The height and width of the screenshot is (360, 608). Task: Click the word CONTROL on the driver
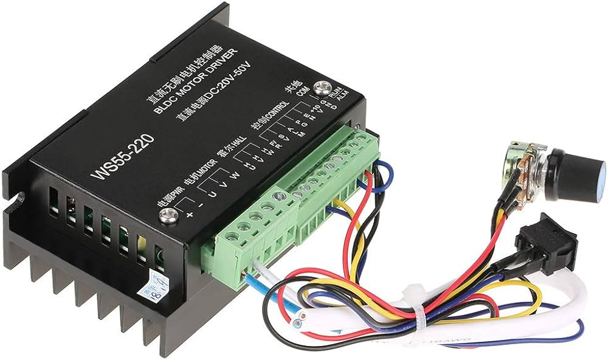(277, 112)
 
